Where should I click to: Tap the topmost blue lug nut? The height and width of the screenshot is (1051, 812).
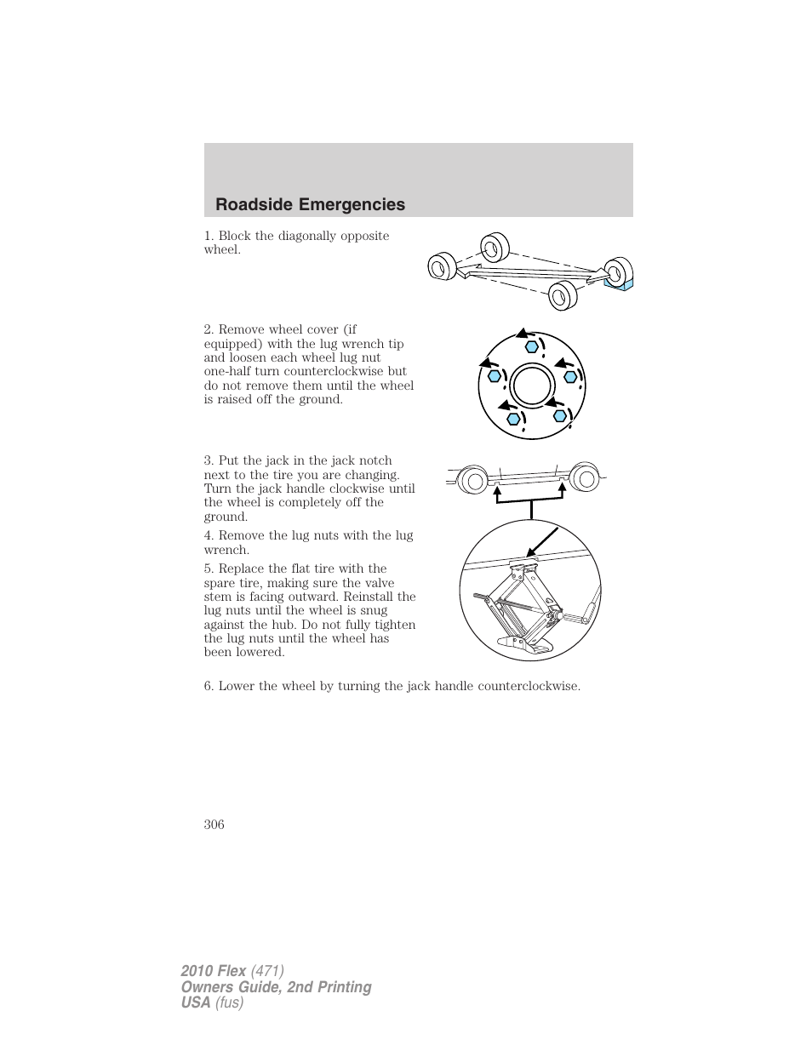tap(531, 346)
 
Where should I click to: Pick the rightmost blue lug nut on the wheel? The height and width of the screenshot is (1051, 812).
tap(571, 376)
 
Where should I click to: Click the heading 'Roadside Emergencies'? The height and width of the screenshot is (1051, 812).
tap(310, 204)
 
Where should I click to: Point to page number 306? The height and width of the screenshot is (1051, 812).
tap(214, 824)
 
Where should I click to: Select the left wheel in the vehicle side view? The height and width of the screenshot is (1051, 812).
tap(472, 480)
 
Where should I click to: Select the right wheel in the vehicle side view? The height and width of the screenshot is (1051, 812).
tap(585, 478)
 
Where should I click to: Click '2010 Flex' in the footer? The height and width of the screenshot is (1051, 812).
tap(214, 971)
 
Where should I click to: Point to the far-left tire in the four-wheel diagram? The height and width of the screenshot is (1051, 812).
tap(440, 268)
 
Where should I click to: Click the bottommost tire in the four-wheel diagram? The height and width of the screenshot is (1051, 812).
tap(561, 295)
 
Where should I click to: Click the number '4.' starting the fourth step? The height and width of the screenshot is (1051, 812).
tap(209, 535)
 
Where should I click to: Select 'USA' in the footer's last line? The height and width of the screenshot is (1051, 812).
tap(195, 1003)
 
